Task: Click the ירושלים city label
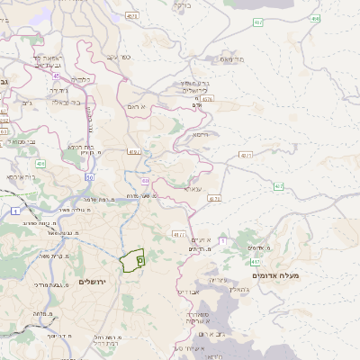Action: pyautogui.click(x=93, y=282)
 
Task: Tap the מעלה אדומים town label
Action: pyautogui.click(x=282, y=274)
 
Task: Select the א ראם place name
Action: pyautogui.click(x=161, y=107)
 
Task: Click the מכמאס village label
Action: pyautogui.click(x=232, y=58)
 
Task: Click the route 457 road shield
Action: pyautogui.click(x=258, y=21)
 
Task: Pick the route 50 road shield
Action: pyautogui.click(x=90, y=177)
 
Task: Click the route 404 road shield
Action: pyautogui.click(x=40, y=164)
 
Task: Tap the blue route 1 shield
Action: pyautogui.click(x=16, y=210)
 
